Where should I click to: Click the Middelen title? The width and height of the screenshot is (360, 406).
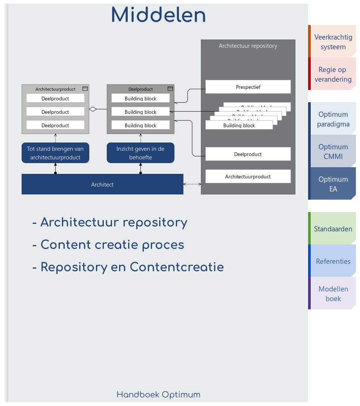click(158, 16)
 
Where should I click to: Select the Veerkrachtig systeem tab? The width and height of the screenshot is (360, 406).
click(333, 42)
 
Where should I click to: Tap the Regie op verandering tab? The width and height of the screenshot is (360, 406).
click(333, 74)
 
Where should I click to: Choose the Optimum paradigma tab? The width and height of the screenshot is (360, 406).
click(333, 119)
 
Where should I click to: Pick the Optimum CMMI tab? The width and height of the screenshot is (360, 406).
click(333, 152)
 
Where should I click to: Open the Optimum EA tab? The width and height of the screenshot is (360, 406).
click(333, 184)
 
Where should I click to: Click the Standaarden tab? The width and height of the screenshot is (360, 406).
click(333, 229)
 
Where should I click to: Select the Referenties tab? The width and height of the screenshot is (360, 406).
click(333, 261)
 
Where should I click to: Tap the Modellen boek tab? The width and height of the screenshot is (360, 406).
click(333, 294)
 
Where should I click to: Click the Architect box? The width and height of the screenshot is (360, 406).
click(102, 184)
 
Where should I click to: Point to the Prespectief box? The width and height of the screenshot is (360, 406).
click(248, 87)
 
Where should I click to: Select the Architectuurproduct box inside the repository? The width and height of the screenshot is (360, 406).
click(248, 177)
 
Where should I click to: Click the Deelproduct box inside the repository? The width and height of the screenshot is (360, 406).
click(248, 154)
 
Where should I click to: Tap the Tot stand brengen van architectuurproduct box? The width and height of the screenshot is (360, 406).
click(55, 153)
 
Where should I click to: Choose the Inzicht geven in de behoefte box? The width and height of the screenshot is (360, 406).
click(140, 153)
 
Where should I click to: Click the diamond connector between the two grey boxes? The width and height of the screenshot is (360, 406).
click(93, 109)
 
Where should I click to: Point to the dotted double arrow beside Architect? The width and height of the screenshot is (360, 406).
click(192, 184)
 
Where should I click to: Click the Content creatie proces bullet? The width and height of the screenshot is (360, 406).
click(112, 245)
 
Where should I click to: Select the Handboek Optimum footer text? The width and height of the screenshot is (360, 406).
click(158, 394)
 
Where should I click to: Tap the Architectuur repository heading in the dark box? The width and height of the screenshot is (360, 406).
click(248, 46)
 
